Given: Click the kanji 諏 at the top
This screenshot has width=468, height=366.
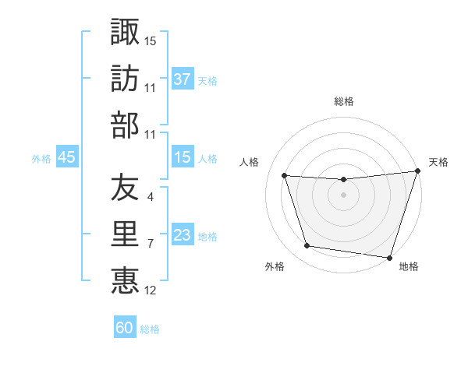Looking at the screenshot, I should pyautogui.click(x=125, y=33).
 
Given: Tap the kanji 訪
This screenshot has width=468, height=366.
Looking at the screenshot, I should pyautogui.click(x=125, y=79).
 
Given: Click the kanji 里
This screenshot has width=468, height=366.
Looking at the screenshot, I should pyautogui.click(x=125, y=233).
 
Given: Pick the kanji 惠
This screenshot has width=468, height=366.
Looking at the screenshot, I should pyautogui.click(x=125, y=279).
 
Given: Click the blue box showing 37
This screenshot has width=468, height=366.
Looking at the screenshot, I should pyautogui.click(x=183, y=79).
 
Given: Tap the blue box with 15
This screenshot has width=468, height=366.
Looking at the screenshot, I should pyautogui.click(x=183, y=158).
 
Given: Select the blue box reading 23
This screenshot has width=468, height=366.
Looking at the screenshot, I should pyautogui.click(x=183, y=236).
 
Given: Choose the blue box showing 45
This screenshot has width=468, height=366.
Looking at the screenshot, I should pyautogui.click(x=66, y=158).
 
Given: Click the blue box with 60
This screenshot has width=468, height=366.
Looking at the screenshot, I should pyautogui.click(x=125, y=328).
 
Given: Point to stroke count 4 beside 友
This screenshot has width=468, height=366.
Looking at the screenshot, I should pyautogui.click(x=150, y=198).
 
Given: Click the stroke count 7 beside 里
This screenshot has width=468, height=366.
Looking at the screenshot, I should pyautogui.click(x=150, y=244).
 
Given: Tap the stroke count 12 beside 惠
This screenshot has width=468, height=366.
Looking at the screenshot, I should pyautogui.click(x=151, y=290).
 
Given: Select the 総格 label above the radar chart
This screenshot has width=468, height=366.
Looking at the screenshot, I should pyautogui.click(x=344, y=101).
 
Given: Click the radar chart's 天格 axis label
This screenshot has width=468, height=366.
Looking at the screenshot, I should pyautogui.click(x=438, y=162).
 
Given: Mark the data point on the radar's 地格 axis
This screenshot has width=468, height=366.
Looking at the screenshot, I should pyautogui.click(x=389, y=257).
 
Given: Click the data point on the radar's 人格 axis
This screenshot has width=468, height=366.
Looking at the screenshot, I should pyautogui.click(x=285, y=176).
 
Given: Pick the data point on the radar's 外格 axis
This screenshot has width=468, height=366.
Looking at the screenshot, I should pyautogui.click(x=307, y=246).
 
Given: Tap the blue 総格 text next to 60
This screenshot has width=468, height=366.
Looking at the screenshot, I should pyautogui.click(x=150, y=329).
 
